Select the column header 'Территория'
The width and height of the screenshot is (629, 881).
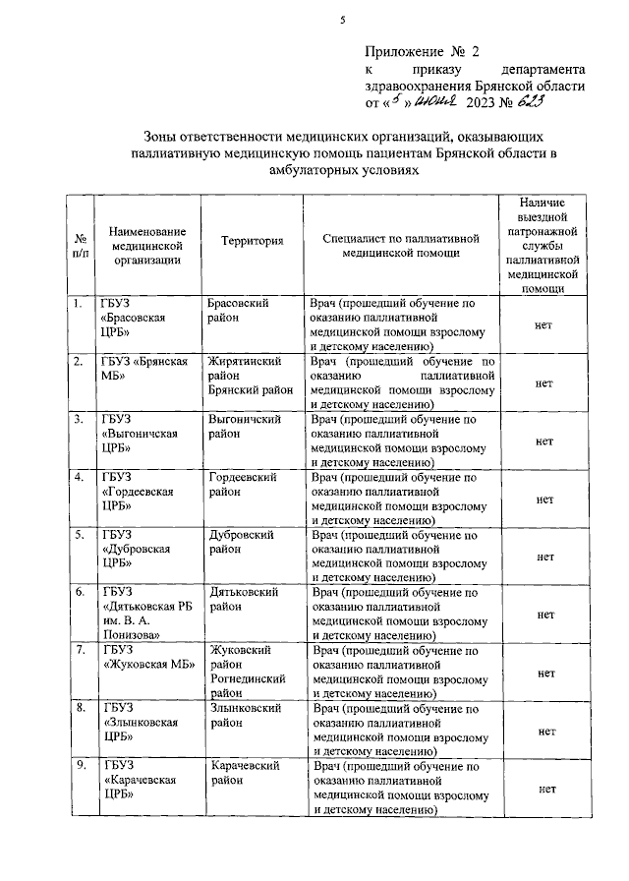click(x=253, y=240)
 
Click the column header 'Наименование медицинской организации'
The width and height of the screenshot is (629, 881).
click(x=146, y=240)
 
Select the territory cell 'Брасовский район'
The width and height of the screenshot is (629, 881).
click(x=240, y=312)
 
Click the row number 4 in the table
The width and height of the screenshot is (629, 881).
click(x=78, y=477)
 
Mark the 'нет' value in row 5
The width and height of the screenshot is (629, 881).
click(x=544, y=556)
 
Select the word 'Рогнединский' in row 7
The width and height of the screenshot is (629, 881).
click(x=248, y=678)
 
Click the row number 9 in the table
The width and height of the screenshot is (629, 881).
click(x=78, y=765)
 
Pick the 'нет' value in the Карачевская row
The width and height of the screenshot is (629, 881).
click(x=544, y=789)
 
